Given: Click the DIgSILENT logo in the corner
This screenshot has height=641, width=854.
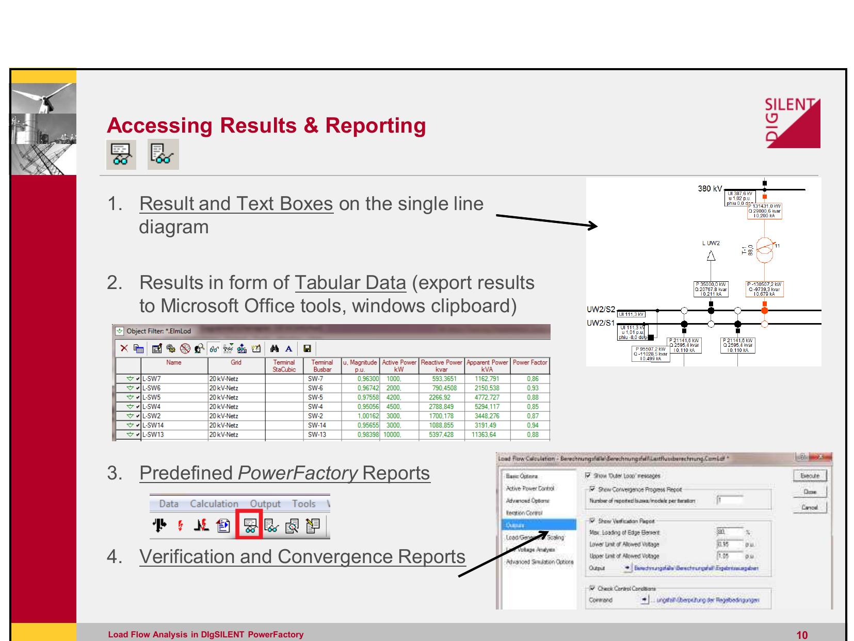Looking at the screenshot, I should [793, 123].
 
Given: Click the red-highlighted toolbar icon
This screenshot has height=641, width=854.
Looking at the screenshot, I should [249, 524].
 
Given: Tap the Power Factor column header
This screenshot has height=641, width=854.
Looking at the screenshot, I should [530, 363].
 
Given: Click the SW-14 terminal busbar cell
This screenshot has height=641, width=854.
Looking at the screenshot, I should [323, 425].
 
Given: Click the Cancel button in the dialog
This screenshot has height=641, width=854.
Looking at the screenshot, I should [809, 507].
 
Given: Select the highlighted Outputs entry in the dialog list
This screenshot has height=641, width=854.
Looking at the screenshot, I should [540, 525].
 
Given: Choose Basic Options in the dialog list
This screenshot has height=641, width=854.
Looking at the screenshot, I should [522, 476].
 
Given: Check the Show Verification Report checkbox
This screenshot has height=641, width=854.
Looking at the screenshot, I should [592, 521].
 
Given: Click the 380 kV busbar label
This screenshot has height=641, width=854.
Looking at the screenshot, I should [710, 189].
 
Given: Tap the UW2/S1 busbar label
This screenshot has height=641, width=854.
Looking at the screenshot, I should [601, 324].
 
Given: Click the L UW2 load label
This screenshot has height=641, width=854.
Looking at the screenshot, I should [711, 243].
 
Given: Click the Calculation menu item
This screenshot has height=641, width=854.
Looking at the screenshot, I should [214, 504].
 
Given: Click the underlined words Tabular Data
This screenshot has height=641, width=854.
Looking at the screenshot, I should [350, 283].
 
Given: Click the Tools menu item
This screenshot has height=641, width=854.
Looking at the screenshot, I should [303, 504].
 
